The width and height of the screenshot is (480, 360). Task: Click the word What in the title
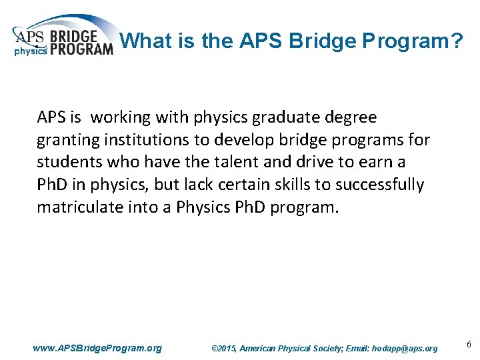click(149, 41)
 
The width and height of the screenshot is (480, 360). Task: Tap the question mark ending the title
click(456, 41)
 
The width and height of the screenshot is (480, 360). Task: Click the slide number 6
click(469, 345)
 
